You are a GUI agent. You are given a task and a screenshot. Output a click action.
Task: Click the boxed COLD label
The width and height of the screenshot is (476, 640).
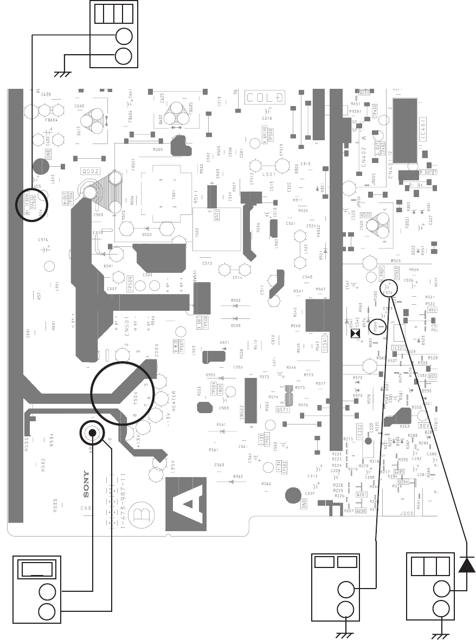[265, 98]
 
